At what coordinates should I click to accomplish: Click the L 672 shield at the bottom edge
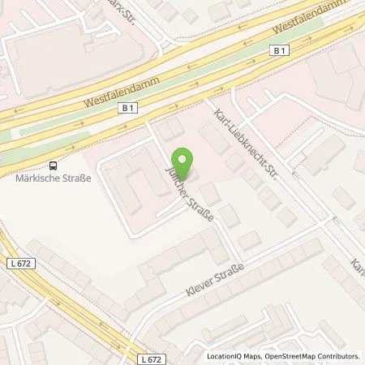point(140,358)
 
